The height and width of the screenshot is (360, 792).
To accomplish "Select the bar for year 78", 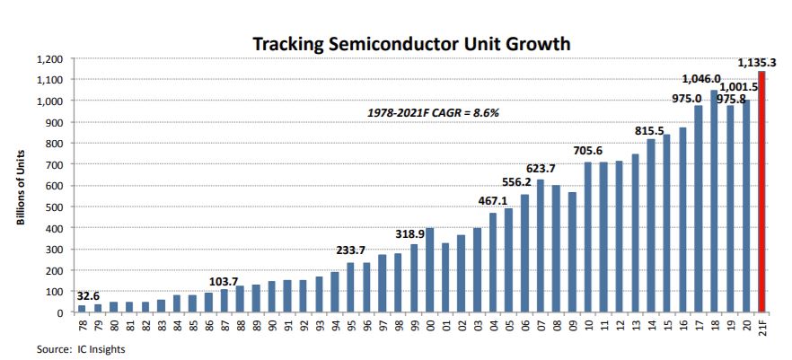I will click(x=82, y=309).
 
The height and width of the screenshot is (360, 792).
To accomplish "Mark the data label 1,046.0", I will click(x=703, y=78).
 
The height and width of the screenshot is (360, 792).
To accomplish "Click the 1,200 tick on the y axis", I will click(x=48, y=58).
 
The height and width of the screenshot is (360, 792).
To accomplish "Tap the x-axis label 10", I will click(x=588, y=324).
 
